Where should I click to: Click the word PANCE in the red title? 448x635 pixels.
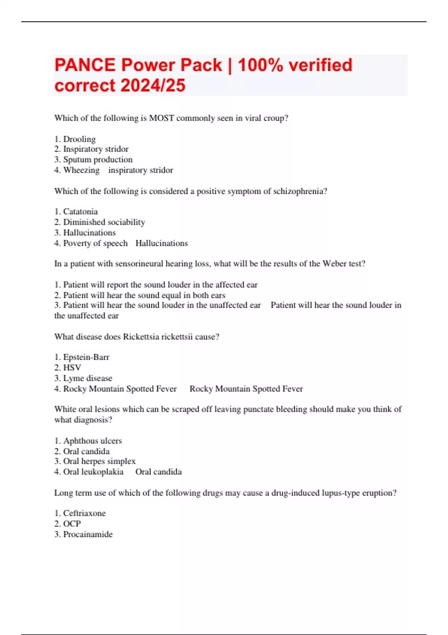pos(85,65)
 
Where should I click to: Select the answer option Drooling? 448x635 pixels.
pos(79,139)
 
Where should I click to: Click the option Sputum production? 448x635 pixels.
pos(97,159)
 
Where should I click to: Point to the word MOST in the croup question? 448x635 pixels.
pos(162,118)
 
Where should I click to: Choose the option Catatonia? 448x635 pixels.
pos(80,211)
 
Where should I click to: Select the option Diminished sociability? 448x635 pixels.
pos(104,222)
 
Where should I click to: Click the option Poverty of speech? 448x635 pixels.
pos(95,243)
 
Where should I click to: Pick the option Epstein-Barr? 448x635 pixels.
pos(86,357)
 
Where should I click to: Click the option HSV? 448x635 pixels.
pos(72,368)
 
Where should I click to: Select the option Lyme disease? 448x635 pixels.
pos(88,378)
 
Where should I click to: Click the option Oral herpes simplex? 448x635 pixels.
pos(99,461)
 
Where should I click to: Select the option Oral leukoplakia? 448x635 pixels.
pos(93,472)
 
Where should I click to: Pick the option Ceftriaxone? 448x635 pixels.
pos(84,513)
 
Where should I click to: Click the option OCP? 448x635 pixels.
pos(72,524)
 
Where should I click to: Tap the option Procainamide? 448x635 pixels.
pos(88,534)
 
